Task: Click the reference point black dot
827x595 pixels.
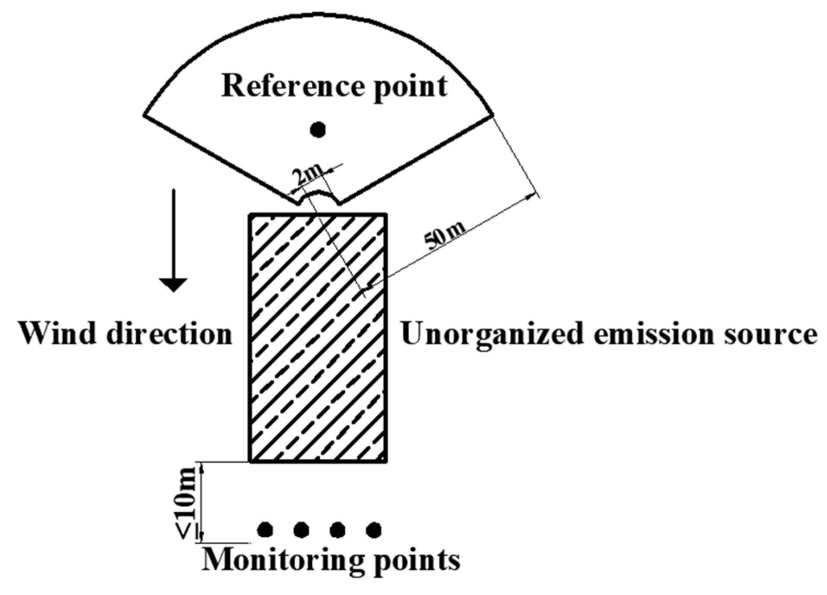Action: [318, 129]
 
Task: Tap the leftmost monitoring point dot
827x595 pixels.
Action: [265, 529]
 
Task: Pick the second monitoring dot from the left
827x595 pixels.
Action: [301, 529]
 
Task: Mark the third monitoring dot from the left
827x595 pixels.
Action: [337, 529]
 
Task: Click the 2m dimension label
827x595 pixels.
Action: [308, 178]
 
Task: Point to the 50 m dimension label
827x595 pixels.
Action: [445, 236]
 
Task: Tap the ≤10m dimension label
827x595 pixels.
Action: [187, 502]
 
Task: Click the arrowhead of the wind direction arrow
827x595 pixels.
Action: [173, 285]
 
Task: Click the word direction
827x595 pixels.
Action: [169, 333]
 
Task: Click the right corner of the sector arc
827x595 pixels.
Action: [492, 115]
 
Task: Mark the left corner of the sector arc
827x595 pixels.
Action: [144, 115]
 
